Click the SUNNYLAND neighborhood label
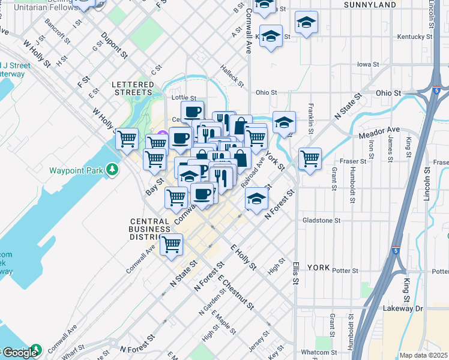pyautogui.click(x=370, y=5)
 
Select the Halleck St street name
pyautogui.click(x=232, y=76)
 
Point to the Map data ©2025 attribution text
pyautogui.click(x=423, y=355)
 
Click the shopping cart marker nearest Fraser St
pyautogui.click(x=310, y=159)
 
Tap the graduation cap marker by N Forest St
pyautogui.click(x=257, y=199)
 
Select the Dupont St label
pyautogui.click(x=114, y=45)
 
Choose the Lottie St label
pyautogui.click(x=184, y=97)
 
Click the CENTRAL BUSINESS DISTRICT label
pyautogui.click(x=150, y=229)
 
